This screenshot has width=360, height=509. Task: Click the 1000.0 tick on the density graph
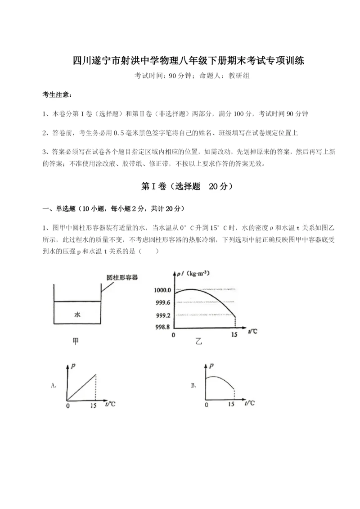tap(162, 289)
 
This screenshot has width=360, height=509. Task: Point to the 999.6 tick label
tap(162, 302)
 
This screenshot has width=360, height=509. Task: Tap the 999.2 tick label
tap(162, 315)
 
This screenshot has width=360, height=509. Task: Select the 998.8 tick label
tap(162, 327)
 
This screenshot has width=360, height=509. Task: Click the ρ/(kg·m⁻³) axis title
tap(193, 273)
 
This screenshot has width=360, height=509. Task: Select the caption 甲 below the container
tap(76, 342)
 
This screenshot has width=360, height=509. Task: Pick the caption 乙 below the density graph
tap(198, 342)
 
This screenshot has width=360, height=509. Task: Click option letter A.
tap(54, 385)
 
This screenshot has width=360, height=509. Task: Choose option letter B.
tap(193, 385)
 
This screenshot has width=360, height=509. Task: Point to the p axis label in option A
tap(73, 365)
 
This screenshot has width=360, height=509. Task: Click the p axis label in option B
tap(211, 365)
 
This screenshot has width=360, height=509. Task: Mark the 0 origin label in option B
tap(207, 405)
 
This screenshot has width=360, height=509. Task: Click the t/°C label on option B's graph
tap(249, 403)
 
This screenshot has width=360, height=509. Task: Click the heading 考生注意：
tap(57, 95)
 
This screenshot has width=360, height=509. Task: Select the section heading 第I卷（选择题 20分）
tap(180, 186)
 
